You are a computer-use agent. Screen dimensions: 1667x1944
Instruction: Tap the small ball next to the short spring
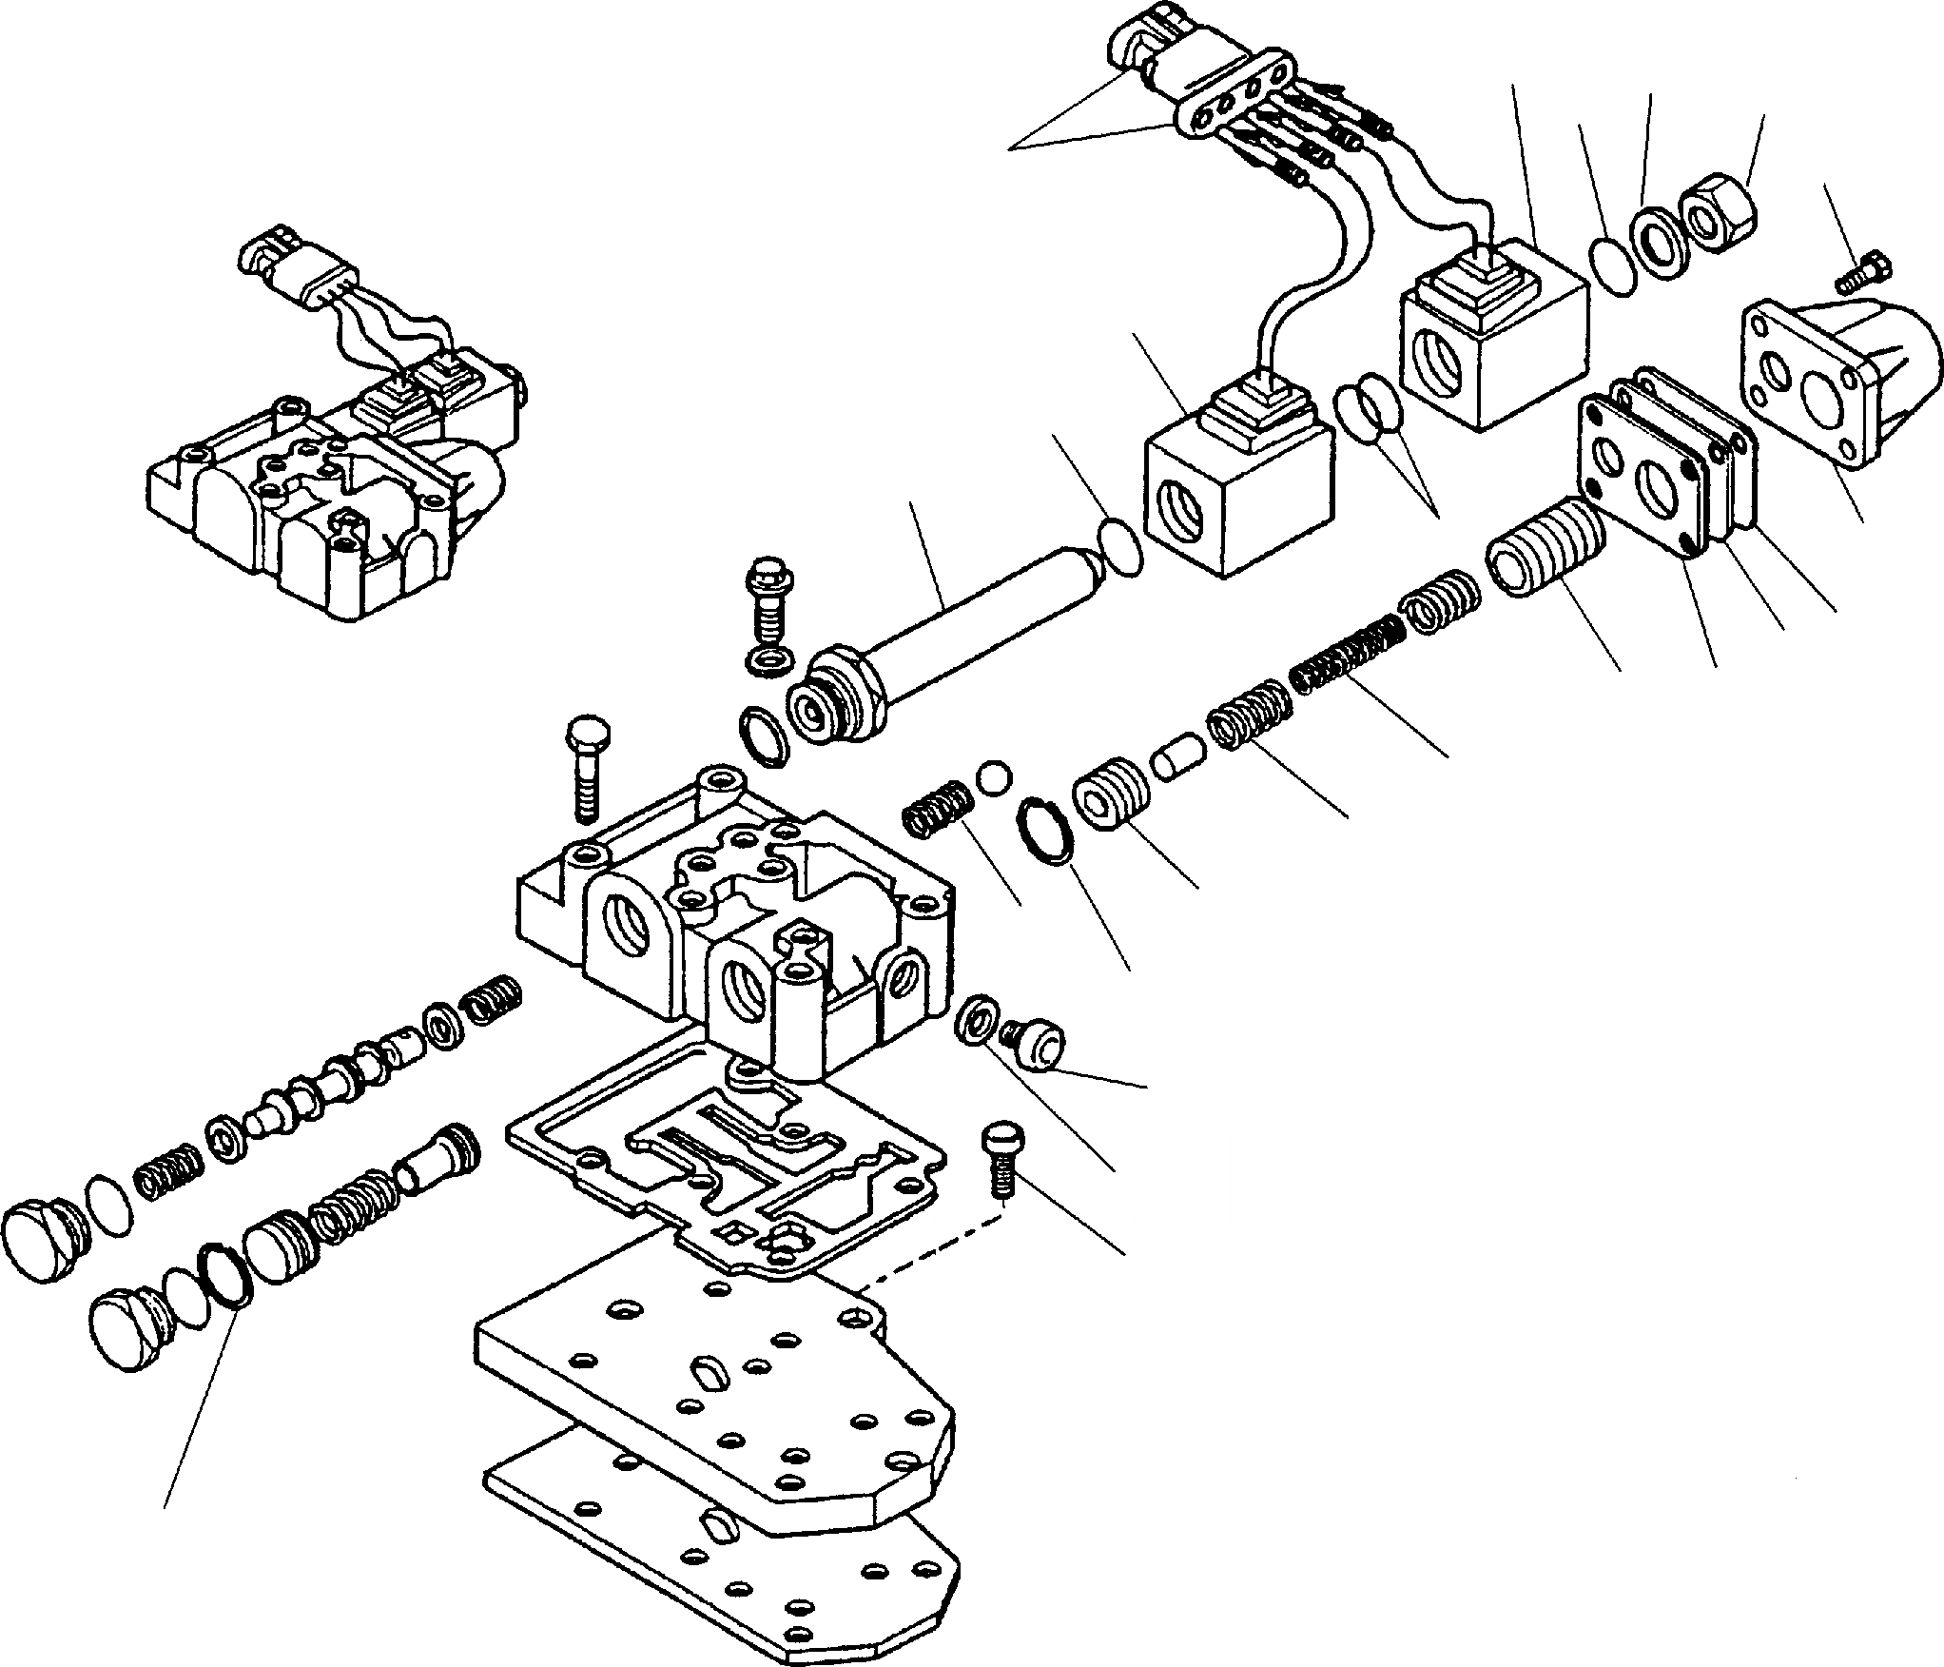point(993,776)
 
